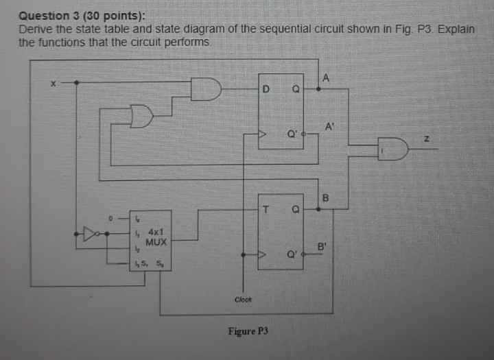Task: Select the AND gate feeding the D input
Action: (206, 89)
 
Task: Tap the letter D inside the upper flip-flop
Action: (267, 89)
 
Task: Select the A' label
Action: (329, 126)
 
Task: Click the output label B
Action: (327, 199)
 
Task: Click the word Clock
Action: (243, 299)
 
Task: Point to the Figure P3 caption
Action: (248, 331)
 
